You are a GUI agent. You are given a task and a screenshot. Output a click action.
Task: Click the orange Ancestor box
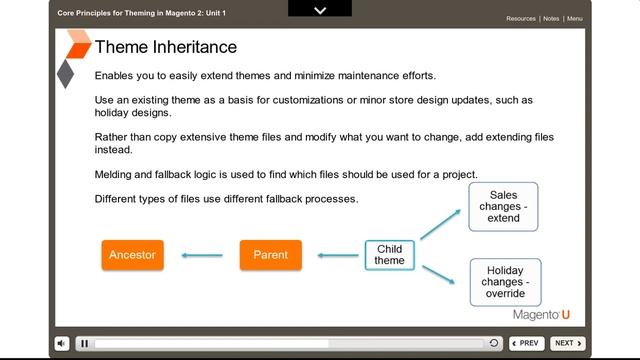132,255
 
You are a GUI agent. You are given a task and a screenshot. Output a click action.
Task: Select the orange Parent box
270,255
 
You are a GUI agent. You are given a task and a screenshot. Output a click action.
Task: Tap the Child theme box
389,255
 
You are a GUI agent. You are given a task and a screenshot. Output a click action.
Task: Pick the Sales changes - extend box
503,206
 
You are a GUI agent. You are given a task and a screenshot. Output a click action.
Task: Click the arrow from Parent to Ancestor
202,256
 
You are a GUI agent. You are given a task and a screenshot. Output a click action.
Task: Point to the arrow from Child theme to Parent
339,256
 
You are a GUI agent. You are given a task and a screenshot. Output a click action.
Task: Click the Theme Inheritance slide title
165,47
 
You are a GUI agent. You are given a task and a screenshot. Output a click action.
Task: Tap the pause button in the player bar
85,343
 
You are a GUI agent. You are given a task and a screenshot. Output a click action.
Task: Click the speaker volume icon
62,343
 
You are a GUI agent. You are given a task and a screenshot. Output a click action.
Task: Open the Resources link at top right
520,18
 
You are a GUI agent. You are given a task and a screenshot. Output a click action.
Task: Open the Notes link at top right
551,18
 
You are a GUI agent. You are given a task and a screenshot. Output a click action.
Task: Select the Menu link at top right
575,18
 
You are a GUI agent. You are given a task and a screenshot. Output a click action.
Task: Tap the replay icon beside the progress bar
494,343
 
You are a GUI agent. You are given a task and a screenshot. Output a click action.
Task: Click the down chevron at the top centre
320,10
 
